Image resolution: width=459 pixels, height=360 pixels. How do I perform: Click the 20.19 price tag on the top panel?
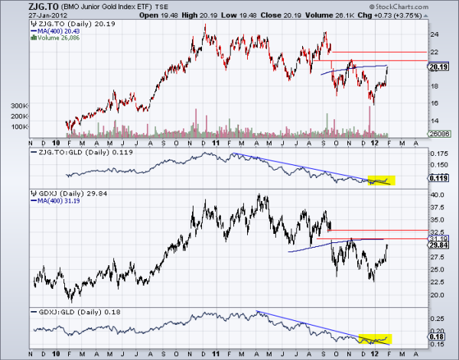pos(437,66)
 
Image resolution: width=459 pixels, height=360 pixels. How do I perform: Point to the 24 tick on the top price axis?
pos(432,34)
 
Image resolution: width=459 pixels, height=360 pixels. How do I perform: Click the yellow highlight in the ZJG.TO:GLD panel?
pos(381,180)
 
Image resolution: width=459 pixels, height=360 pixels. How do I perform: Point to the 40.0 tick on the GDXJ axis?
pos(435,195)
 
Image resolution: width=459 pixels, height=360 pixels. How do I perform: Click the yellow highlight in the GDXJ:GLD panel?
pos(375,337)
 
